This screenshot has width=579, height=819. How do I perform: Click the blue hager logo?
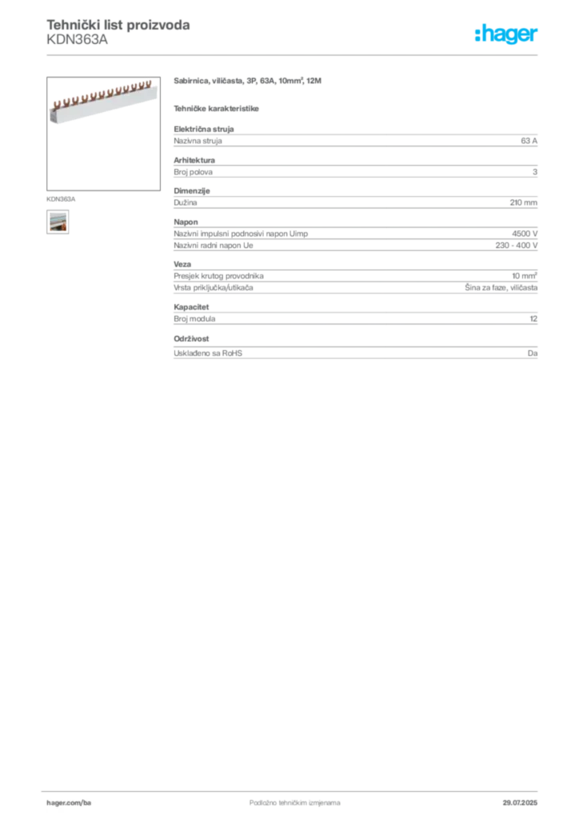pyautogui.click(x=507, y=35)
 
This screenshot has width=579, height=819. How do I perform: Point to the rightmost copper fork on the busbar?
pyautogui.click(x=146, y=82)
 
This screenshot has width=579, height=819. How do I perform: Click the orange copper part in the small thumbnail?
pyautogui.click(x=58, y=227)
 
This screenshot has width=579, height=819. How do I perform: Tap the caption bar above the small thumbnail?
pyautogui.click(x=60, y=196)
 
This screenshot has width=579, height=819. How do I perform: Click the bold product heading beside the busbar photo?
pyautogui.click(x=249, y=82)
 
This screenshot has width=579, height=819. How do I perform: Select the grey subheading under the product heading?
pyautogui.click(x=218, y=107)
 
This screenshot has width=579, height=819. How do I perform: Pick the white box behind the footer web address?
pyautogui.click(x=90, y=803)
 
